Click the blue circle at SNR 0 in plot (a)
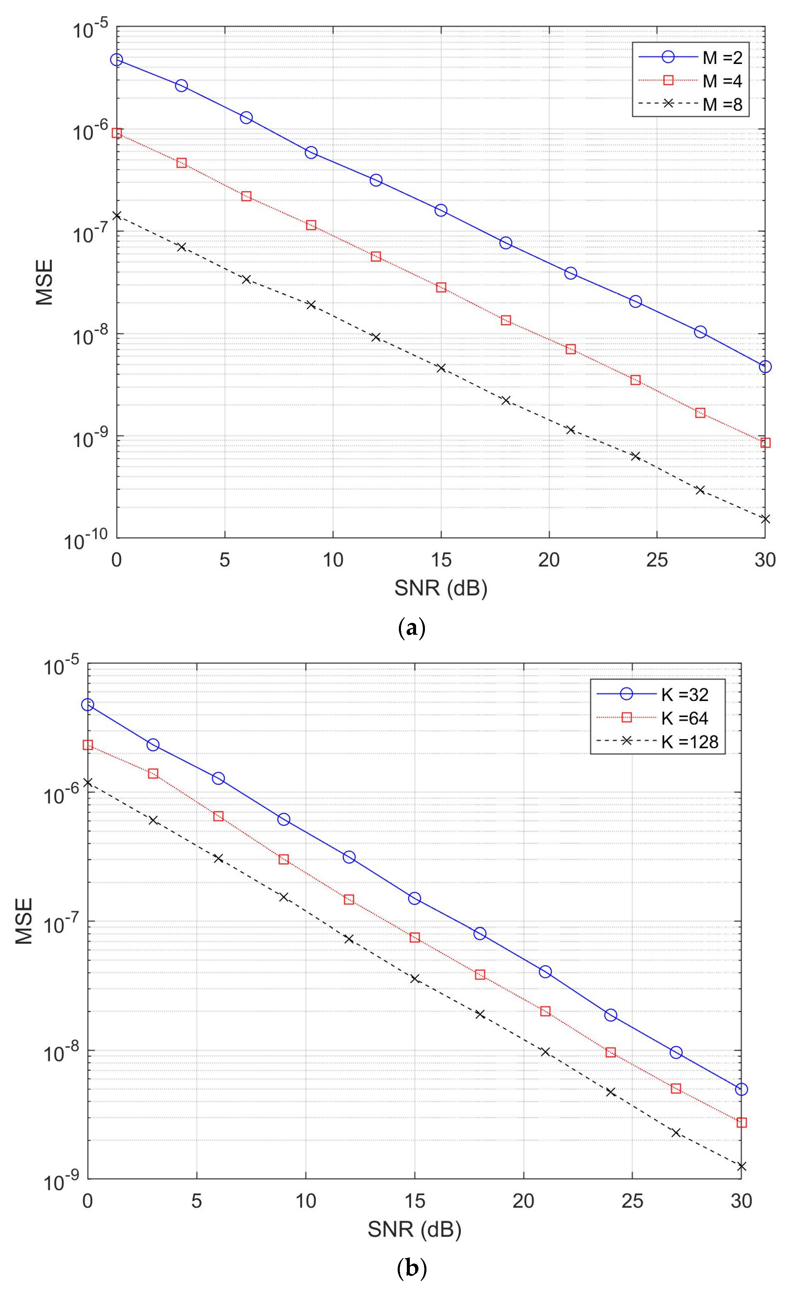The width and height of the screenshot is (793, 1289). tap(116, 60)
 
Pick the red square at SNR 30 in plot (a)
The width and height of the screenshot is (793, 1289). tap(765, 443)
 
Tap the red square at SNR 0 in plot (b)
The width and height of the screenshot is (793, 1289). tap(88, 745)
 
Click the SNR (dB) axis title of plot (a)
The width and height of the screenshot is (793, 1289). tap(441, 589)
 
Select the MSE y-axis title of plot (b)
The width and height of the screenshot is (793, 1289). tap(24, 921)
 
